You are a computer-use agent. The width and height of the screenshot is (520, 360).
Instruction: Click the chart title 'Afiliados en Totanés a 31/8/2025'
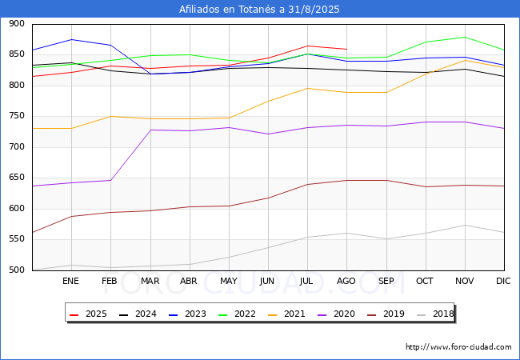tap(259, 9)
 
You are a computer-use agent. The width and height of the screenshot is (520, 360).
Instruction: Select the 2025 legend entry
tap(88, 314)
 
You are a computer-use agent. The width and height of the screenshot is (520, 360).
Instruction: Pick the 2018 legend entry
tap(435, 314)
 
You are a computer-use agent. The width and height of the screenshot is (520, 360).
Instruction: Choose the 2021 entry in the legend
tap(286, 314)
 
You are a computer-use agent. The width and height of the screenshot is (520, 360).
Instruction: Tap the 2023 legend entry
tap(187, 314)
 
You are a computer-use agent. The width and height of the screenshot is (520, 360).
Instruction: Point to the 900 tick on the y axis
tap(17, 23)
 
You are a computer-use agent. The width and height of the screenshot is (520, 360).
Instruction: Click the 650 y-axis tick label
tap(17, 178)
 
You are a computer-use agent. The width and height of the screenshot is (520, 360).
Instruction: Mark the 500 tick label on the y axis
tap(17, 270)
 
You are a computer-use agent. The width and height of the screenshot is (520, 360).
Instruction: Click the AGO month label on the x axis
tap(346, 281)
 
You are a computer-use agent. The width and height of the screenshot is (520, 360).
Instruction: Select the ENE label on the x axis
tap(70, 281)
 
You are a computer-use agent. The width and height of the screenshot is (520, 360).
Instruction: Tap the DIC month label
tap(503, 281)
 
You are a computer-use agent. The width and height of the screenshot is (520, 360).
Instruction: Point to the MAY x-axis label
tap(229, 281)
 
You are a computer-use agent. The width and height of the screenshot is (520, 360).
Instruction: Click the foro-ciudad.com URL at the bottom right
tap(458, 346)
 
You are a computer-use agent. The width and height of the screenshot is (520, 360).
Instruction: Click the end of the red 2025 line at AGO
tap(347, 50)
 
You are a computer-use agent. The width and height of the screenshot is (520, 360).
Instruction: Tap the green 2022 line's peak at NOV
tap(465, 37)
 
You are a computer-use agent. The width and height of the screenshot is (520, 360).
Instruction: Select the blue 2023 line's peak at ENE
tap(72, 39)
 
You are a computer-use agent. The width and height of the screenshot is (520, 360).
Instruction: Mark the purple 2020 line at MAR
tap(150, 130)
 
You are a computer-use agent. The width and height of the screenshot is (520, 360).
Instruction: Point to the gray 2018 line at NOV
tap(465, 225)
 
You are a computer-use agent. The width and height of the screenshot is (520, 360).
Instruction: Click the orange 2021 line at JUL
tap(308, 88)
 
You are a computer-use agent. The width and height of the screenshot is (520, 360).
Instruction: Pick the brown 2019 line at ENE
tap(72, 217)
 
